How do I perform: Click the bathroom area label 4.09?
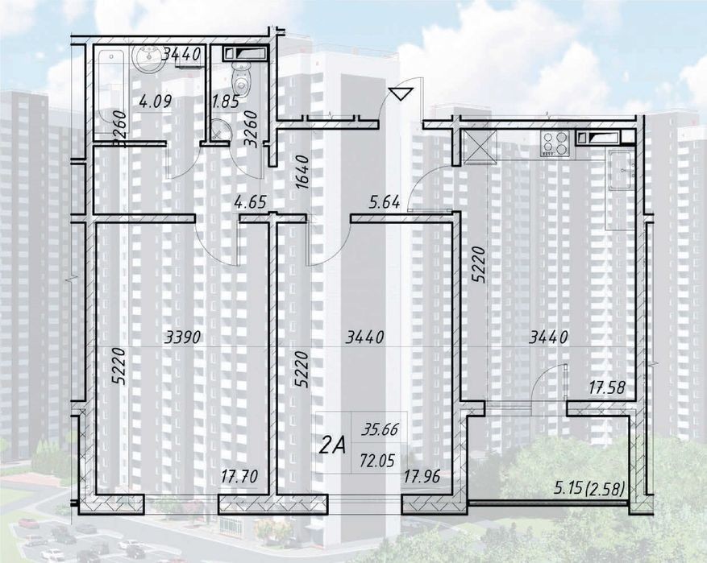click(156, 101)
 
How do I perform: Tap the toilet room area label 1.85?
click(225, 101)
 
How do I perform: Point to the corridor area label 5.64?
click(385, 203)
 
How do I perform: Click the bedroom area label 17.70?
click(240, 476)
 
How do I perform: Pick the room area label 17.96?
click(422, 476)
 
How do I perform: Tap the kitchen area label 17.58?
click(607, 387)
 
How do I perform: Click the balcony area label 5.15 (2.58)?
click(589, 487)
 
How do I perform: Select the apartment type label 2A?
click(332, 446)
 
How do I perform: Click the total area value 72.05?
click(378, 461)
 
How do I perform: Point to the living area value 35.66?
click(380, 429)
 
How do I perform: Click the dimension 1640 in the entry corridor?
click(302, 172)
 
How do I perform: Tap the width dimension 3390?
click(183, 337)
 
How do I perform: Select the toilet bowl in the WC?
click(241, 78)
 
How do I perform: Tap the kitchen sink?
click(622, 169)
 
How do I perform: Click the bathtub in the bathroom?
click(112, 92)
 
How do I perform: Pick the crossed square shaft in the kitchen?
click(480, 147)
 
